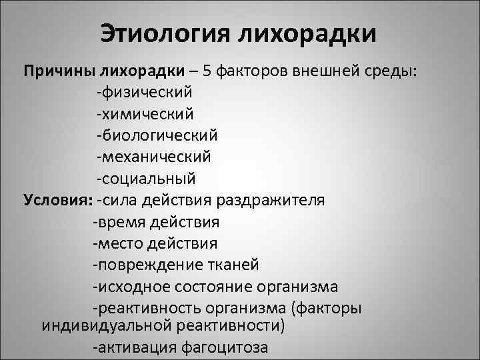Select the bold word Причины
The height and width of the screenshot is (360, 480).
coord(61,71)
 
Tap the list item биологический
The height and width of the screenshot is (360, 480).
coord(157,135)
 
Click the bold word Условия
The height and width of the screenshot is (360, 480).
coord(57,200)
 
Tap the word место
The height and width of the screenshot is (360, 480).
coord(119,243)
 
